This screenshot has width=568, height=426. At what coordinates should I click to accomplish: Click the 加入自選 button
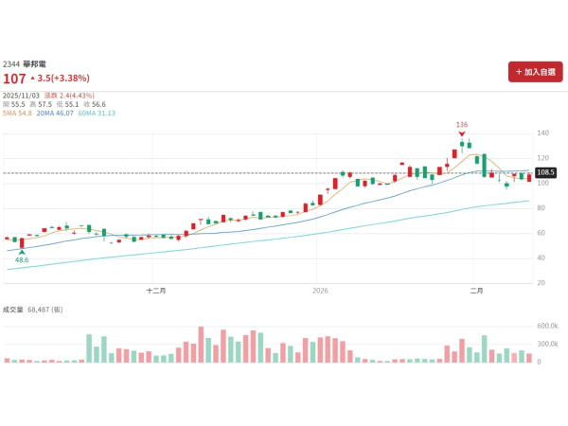535,72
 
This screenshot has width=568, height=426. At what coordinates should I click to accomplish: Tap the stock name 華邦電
34,63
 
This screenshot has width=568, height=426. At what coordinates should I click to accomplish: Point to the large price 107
14,79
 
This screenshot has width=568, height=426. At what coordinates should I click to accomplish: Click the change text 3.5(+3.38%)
62,79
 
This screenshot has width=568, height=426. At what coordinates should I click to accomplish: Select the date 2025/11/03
22,95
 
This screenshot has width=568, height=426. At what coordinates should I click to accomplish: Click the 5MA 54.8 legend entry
18,113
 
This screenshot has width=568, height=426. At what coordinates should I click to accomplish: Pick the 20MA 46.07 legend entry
55,113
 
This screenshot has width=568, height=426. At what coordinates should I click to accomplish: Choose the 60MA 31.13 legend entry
97,113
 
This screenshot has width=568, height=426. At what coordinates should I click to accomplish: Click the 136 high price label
462,125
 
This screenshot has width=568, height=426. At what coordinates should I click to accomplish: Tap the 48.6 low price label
22,259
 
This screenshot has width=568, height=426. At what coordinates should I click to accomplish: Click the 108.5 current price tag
545,172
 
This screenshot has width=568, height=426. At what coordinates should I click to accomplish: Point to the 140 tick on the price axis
543,133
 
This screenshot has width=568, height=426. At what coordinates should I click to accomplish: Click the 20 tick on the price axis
541,283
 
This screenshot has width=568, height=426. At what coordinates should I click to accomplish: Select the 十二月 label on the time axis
157,292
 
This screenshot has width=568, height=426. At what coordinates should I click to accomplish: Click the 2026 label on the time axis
320,292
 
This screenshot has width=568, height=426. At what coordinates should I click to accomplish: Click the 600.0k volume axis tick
549,326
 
